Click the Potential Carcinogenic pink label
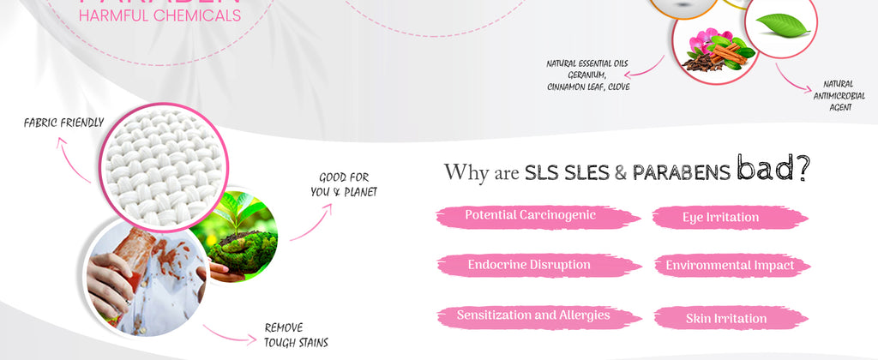pos(530,215)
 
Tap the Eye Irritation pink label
pos(720,218)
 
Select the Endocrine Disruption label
pos(529,265)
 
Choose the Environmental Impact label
pos(730,266)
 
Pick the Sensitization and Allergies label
pos(532,315)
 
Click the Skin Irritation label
pos(725,319)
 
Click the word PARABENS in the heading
pos(681,172)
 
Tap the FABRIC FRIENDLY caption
pos(64,123)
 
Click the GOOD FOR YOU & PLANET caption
pos(344,185)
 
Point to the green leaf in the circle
pos(783,26)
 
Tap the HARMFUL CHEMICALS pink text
pos(159,15)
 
